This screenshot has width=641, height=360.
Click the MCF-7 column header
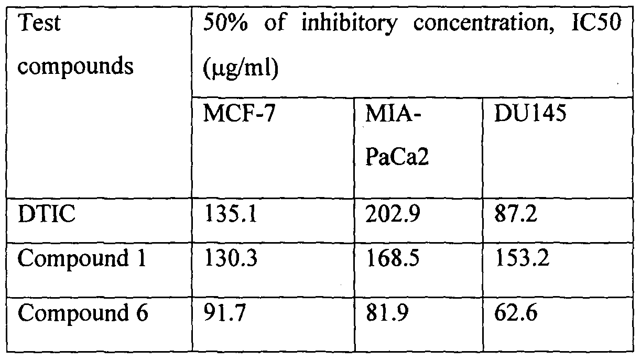click(239, 114)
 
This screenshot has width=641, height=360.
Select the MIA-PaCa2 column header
click(397, 136)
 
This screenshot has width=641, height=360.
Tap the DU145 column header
click(530, 114)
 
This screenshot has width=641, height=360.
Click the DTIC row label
click(46, 213)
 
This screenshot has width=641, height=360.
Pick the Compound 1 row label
click(82, 258)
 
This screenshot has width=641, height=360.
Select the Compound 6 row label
click(83, 313)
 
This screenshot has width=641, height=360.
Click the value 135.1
click(231, 213)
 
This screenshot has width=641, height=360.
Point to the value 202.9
click(393, 213)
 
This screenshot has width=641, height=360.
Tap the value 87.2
click(516, 213)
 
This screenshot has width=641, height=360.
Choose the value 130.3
click(231, 258)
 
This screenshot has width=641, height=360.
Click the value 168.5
click(393, 258)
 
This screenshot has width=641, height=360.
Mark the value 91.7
click(225, 313)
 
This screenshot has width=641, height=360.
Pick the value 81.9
click(387, 313)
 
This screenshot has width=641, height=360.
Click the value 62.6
click(516, 313)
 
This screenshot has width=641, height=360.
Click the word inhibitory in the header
click(350, 24)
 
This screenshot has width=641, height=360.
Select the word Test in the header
click(39, 23)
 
